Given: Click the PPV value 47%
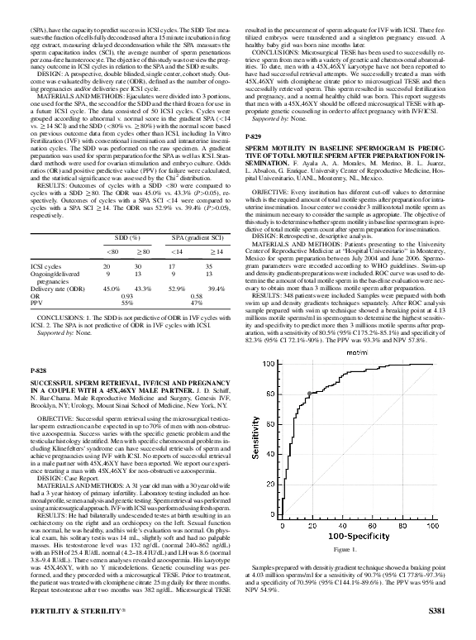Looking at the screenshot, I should (196, 325).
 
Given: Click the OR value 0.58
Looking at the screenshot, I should (196, 318).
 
